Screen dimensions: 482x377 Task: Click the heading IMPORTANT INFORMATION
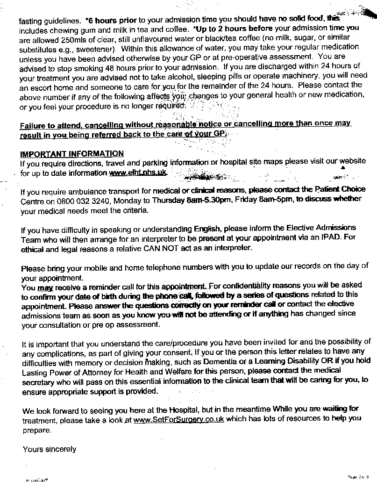[x=72, y=153]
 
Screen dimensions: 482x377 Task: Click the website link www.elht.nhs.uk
[x=137, y=173]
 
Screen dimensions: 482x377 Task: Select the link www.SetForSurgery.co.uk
[x=178, y=419]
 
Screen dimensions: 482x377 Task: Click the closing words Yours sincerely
[x=50, y=449]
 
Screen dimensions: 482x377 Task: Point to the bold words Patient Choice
[x=340, y=189]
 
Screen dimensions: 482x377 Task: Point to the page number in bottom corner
[x=361, y=476]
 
